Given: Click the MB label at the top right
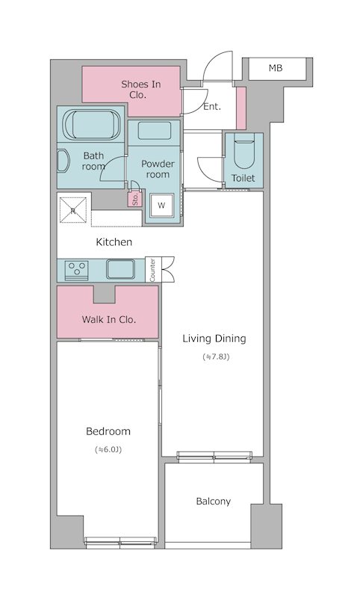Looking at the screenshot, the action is pos(276,68).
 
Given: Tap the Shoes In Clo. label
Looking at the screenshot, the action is pos(140,90).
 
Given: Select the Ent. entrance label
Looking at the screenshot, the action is pos(212,107).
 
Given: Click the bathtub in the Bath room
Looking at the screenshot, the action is pos(91,124).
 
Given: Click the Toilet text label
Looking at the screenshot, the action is pos(243,178).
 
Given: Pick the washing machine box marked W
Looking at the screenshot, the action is pos(161,206).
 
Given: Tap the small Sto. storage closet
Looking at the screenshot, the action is pos(135,198).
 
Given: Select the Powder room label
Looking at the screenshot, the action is pos(158,170).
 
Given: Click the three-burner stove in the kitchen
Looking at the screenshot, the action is pos(77,270).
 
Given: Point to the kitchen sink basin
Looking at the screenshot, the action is pos(120,269).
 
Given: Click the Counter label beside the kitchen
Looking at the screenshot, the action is pos(153,270).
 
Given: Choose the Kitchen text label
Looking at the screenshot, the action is pos(114,242).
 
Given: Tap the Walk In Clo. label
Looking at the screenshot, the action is pos(109,320).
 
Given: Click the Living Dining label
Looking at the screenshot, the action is pos(214,339).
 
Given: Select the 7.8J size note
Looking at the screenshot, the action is pos(217,357).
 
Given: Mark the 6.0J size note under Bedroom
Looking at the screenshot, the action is pos(108,450).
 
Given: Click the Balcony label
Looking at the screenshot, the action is pos(214,502).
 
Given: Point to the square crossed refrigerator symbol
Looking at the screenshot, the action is pos(73,210).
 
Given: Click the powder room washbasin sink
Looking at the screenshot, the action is pos(155,131).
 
